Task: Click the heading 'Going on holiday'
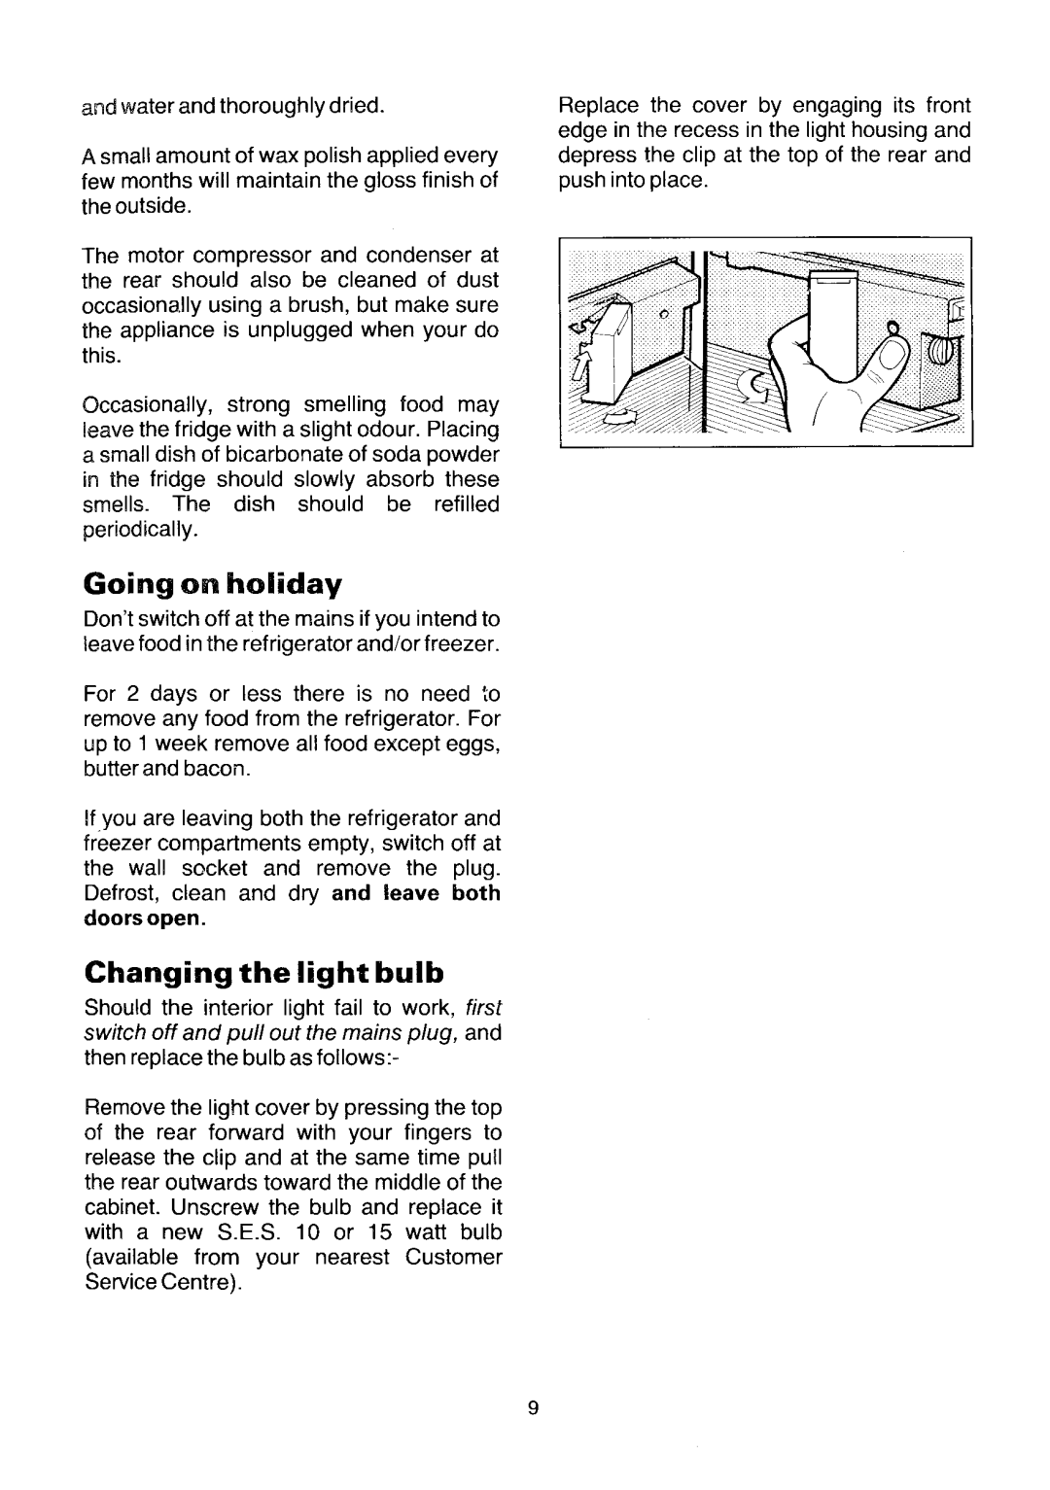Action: [x=213, y=583]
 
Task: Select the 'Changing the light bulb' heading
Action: [x=263, y=972]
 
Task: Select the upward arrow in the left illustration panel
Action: [x=586, y=370]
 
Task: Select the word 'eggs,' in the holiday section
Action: [x=473, y=745]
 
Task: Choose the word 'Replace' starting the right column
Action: [x=596, y=105]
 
